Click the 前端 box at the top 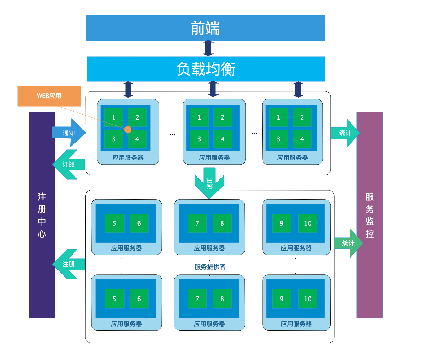[205, 28]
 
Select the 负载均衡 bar [205, 69]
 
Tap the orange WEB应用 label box [49, 96]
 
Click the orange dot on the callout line [128, 130]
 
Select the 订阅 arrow [68, 165]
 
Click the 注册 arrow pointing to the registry [68, 264]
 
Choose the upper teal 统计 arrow [345, 133]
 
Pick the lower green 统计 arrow [348, 243]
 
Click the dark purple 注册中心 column [42, 215]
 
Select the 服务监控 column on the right [369, 215]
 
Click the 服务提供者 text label [210, 267]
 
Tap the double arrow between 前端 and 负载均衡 [208, 48]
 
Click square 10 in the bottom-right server [307, 299]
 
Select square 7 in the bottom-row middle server [197, 299]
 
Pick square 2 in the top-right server [302, 117]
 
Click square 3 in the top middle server [199, 139]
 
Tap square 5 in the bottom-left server [114, 299]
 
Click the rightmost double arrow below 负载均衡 [298, 90]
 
